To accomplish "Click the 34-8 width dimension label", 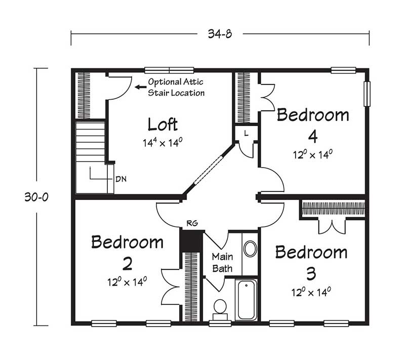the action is (220, 34).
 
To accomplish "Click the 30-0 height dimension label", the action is (36, 197).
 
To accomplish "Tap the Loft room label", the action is (163, 124).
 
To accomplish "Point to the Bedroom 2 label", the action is (128, 253).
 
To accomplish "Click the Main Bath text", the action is (222, 263).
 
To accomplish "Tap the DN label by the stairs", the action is (121, 179).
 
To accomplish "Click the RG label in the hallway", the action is (192, 223).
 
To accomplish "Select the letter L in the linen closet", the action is (246, 133).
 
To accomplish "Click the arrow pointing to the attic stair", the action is (141, 87).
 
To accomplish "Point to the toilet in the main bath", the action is (220, 310).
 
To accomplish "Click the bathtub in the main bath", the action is (246, 300).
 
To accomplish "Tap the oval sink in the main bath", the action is (250, 249).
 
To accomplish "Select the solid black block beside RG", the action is (191, 241).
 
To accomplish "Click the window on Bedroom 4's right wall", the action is (367, 94).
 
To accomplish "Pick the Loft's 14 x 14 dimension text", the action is (163, 142).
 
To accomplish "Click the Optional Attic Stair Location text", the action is (176, 87).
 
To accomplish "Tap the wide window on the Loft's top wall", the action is (169, 70).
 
